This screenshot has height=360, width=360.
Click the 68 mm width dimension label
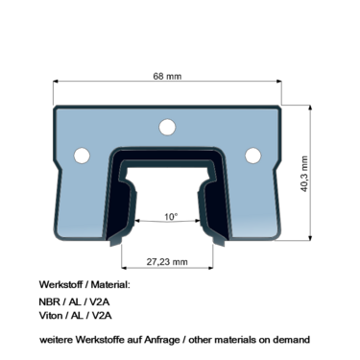pos(167,76)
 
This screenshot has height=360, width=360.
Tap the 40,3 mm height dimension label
pos(304,174)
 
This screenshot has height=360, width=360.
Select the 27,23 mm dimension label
pos(167,262)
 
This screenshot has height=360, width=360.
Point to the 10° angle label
pos(171,217)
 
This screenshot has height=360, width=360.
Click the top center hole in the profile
pos(167,127)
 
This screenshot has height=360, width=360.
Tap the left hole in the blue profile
pos(82,156)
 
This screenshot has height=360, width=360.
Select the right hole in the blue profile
pos(253,156)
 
